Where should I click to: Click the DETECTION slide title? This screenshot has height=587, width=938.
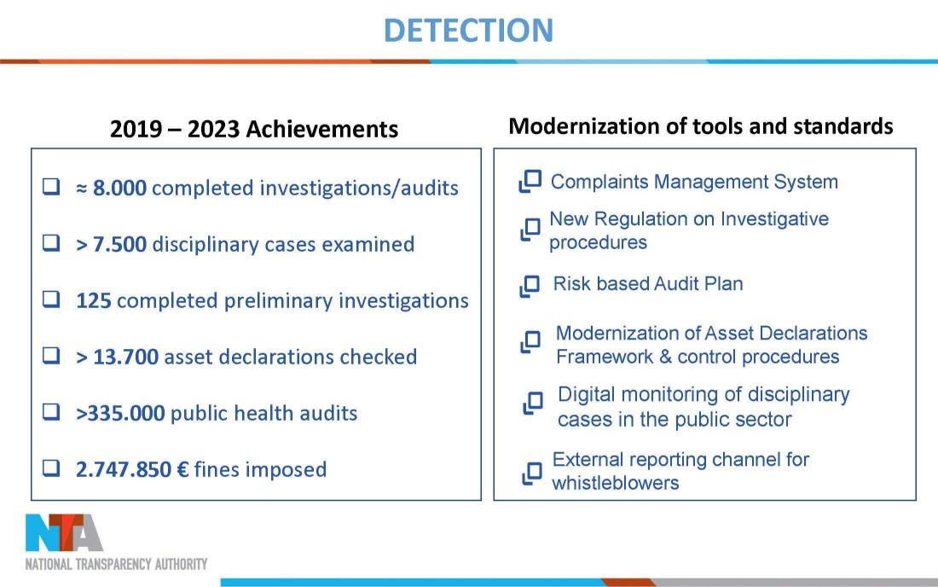point(468,31)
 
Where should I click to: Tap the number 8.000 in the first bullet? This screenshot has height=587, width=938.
point(119,188)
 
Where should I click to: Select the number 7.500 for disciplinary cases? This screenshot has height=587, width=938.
point(119,244)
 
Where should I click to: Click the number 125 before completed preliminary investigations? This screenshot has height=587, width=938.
point(93,300)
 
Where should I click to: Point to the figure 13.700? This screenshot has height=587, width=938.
point(125,357)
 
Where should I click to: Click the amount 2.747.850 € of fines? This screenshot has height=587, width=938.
point(132,469)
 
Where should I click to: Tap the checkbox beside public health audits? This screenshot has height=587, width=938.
point(51,411)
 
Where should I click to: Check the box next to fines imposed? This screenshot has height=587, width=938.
point(51,468)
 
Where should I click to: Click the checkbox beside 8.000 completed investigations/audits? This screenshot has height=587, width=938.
point(51,186)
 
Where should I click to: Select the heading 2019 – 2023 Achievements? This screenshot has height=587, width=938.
point(254,129)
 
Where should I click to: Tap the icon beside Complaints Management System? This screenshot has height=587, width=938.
point(530,182)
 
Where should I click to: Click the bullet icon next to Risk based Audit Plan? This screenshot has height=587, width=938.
point(530,286)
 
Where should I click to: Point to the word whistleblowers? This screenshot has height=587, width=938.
point(616,483)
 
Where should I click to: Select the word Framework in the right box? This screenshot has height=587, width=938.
point(605,357)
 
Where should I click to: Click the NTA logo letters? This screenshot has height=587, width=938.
point(64,532)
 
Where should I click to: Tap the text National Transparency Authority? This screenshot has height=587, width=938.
point(116,564)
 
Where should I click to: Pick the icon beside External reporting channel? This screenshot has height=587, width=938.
point(532,474)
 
